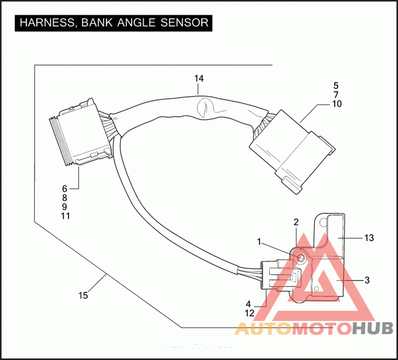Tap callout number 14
click(x=199, y=79)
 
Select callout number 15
click(x=83, y=295)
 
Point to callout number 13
click(x=369, y=238)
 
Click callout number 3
click(x=367, y=280)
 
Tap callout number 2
click(x=296, y=222)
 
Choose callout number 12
click(x=250, y=313)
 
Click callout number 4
click(x=248, y=304)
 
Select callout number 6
click(x=64, y=188)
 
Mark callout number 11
click(x=65, y=216)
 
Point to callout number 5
click(x=336, y=85)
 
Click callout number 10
click(x=336, y=104)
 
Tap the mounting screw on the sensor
click(x=301, y=258)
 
